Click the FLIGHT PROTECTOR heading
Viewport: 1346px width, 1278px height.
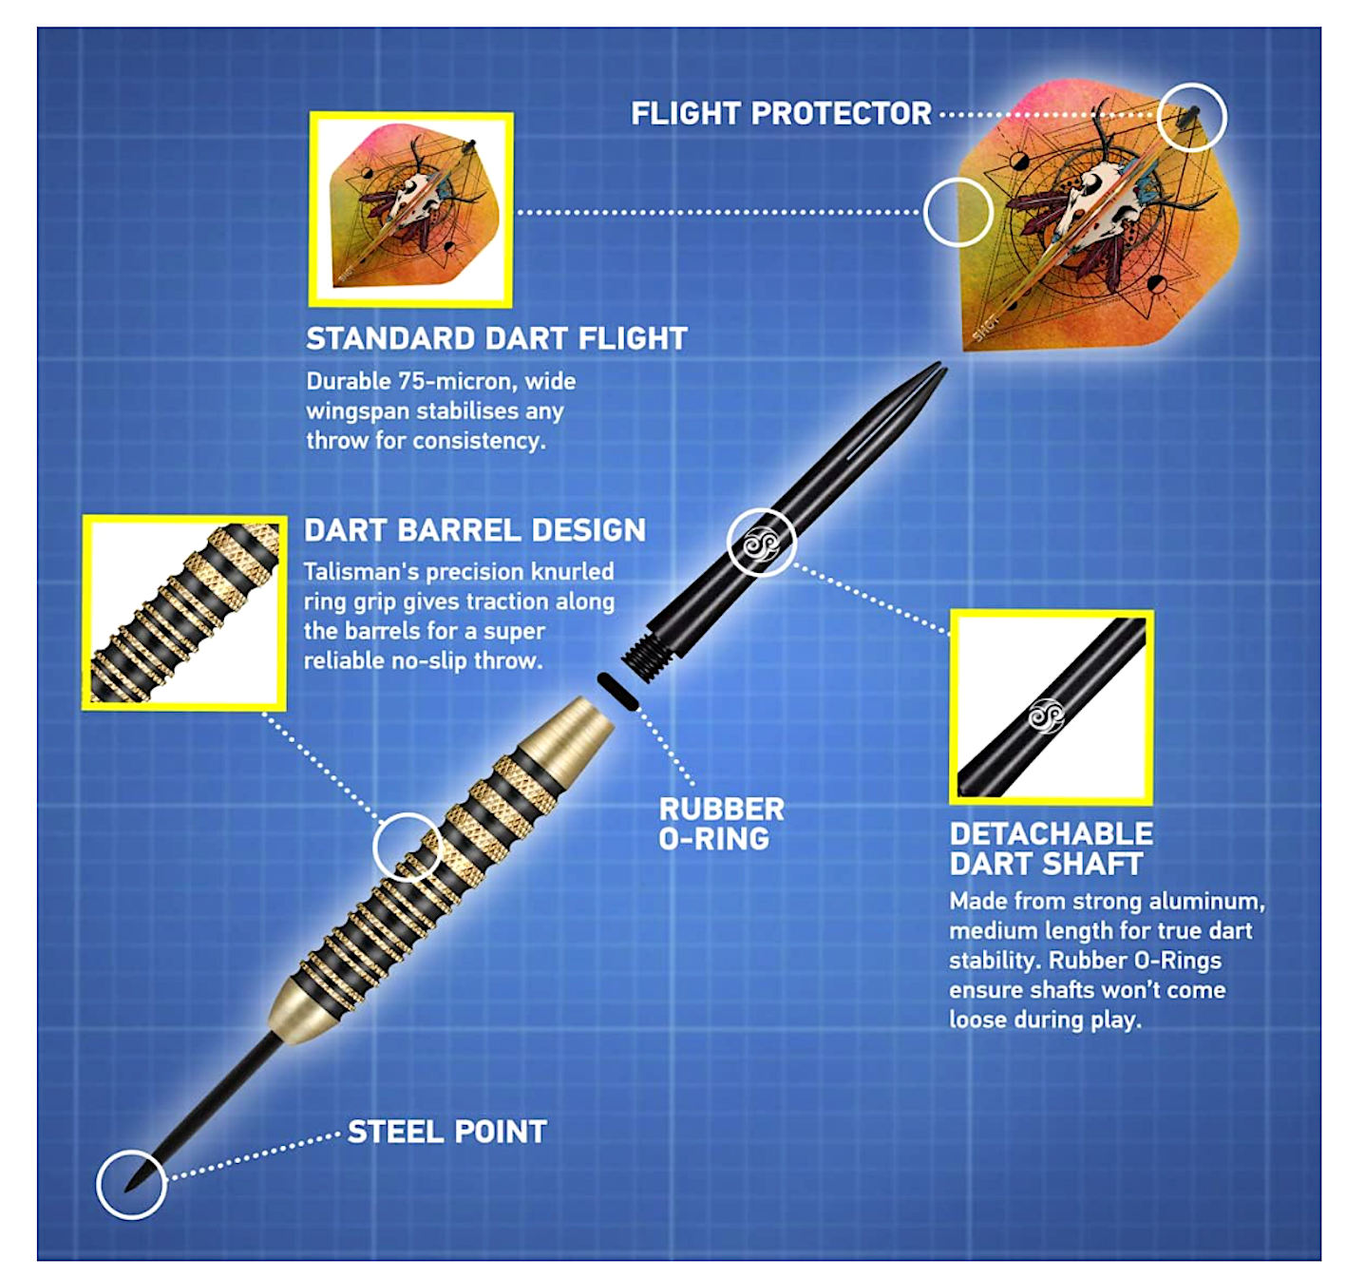781,114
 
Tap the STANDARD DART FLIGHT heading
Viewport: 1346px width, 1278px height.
497,339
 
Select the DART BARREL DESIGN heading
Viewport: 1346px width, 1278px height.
474,530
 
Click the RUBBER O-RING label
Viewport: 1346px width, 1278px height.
721,823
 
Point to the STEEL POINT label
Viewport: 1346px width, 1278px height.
447,1132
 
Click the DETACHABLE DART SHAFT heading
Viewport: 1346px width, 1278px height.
1051,849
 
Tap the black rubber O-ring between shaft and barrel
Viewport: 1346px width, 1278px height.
617,691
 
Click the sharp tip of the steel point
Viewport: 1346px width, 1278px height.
126,1191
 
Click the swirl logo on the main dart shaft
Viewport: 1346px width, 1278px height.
761,544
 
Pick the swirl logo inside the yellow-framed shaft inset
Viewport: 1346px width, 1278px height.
1046,715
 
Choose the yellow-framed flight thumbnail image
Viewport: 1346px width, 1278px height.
410,210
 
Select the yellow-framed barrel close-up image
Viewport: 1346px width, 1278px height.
184,612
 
